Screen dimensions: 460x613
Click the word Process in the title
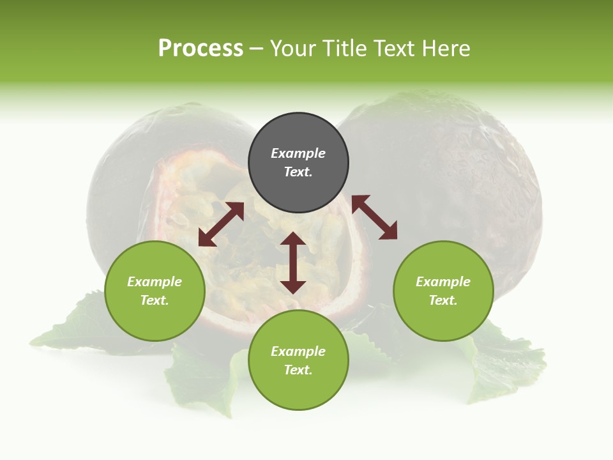[201, 49]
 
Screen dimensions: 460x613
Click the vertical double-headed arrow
[293, 263]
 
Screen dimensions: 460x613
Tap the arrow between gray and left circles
[221, 224]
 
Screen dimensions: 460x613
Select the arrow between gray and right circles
[374, 217]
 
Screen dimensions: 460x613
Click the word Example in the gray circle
[298, 153]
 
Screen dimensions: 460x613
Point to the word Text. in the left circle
[155, 300]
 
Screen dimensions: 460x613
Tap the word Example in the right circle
[443, 282]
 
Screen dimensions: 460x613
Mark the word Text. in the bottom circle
[298, 370]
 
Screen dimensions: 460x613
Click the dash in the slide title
[256, 49]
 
